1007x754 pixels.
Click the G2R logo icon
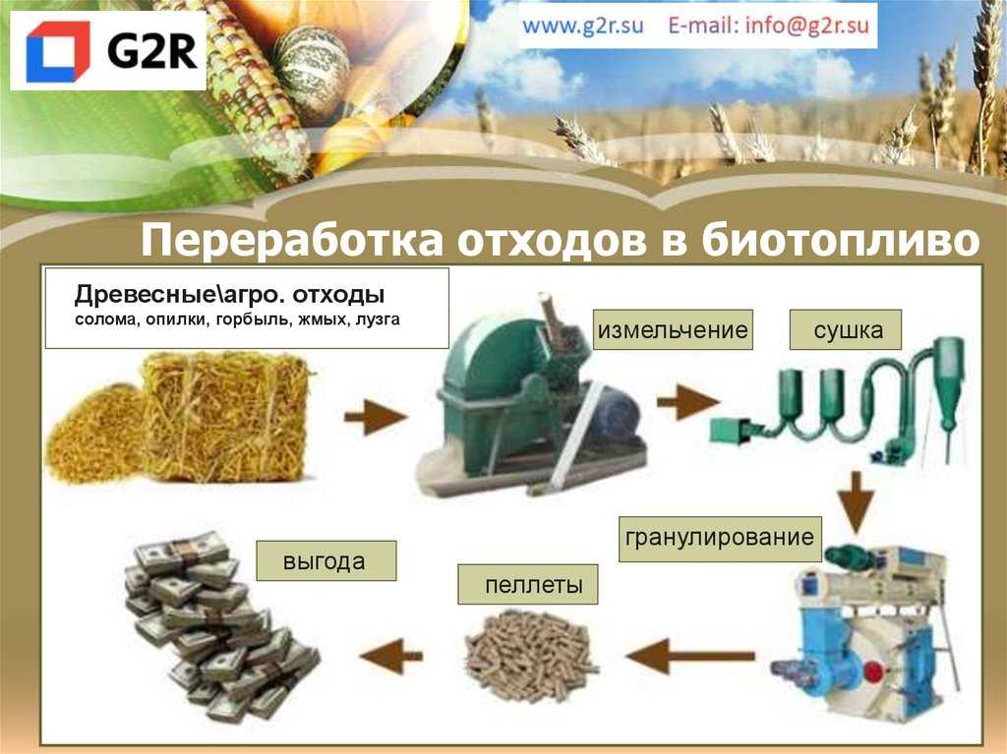[x=58, y=51]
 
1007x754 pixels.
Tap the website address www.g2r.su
[x=582, y=26]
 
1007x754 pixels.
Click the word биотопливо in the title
[x=840, y=240]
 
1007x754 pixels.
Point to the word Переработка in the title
[x=291, y=241]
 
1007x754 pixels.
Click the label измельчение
[x=673, y=330]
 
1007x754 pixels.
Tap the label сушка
[x=848, y=330]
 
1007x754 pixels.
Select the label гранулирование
[x=720, y=537]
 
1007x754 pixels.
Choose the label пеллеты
[x=533, y=585]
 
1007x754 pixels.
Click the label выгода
[x=325, y=560]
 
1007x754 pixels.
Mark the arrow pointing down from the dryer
[x=857, y=502]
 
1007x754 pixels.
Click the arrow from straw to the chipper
[x=375, y=417]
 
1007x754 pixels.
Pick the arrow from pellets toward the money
[x=391, y=656]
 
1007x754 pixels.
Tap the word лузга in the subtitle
[x=378, y=319]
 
